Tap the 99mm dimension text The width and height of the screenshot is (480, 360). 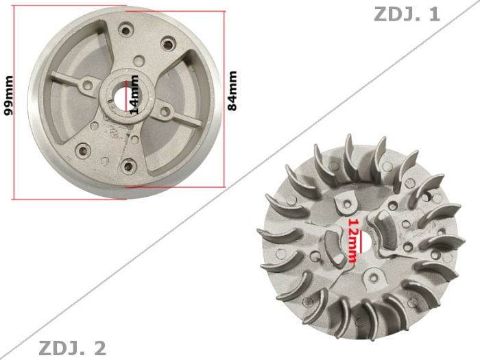(9, 95)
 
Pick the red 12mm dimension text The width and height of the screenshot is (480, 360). (352, 240)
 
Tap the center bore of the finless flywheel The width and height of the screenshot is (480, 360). (128, 96)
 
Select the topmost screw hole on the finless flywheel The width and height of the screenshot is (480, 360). (126, 28)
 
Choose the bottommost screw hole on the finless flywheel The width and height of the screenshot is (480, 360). (127, 165)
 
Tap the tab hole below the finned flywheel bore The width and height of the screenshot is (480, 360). (374, 277)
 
